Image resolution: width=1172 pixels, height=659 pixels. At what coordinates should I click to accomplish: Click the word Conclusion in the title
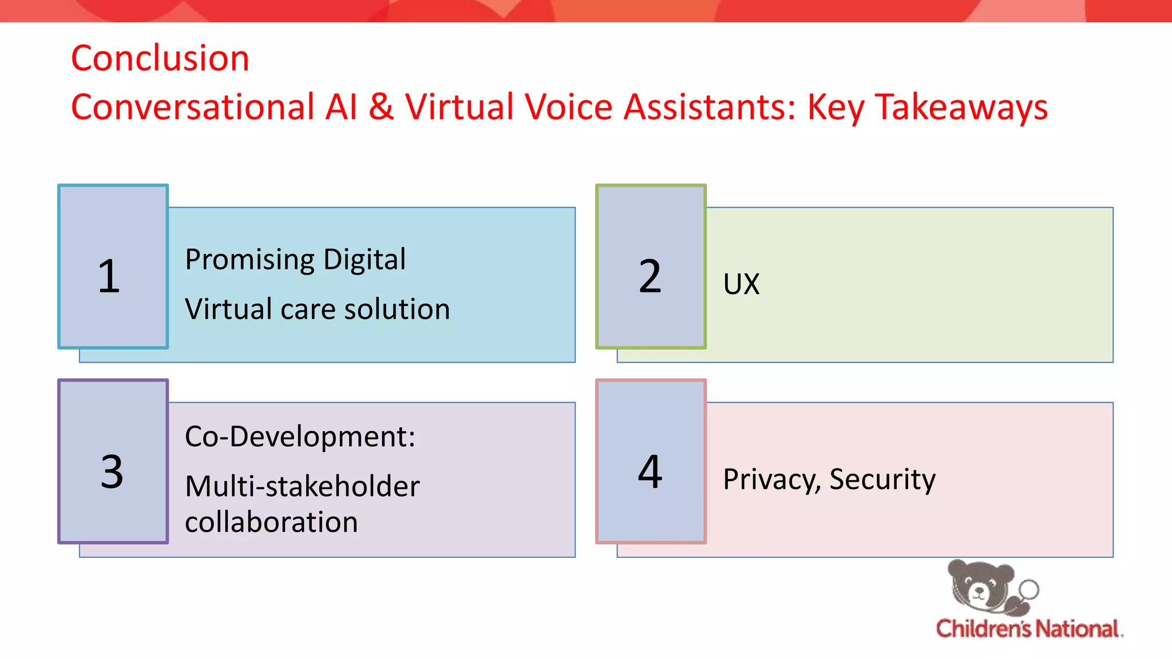tap(160, 58)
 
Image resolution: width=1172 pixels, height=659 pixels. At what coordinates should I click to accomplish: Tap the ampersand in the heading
tap(381, 107)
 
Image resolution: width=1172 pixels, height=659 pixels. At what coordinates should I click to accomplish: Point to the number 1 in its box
tap(109, 277)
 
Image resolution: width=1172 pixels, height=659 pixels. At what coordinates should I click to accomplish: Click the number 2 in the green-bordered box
tap(650, 277)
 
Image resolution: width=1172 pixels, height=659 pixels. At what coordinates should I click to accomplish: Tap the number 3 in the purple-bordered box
tap(112, 472)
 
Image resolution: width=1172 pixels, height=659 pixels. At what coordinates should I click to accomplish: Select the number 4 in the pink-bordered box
tap(650, 472)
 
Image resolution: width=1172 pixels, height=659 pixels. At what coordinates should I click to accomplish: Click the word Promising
tap(250, 260)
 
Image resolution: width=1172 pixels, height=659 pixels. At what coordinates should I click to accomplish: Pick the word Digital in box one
tap(365, 259)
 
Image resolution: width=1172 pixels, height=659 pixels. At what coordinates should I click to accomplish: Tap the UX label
tap(741, 284)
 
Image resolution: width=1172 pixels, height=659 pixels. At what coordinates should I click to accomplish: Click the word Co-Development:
tap(300, 437)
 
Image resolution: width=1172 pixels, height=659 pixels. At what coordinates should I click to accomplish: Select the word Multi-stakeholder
tap(302, 487)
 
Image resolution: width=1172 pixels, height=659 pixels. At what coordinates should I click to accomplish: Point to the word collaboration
tap(271, 522)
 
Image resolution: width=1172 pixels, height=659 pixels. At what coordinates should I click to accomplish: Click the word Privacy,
tap(772, 479)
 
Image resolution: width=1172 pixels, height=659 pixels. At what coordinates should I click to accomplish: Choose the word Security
tap(882, 479)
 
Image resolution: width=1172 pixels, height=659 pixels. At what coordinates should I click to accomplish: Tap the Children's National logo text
tap(1028, 629)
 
